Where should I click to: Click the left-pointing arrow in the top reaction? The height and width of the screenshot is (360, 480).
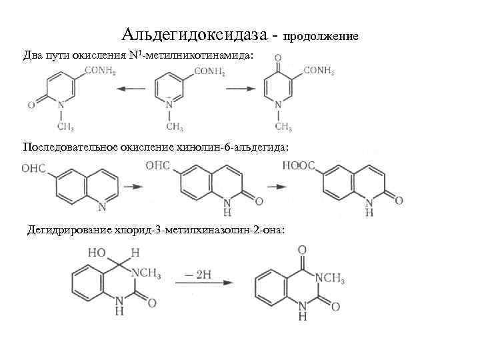(130, 87)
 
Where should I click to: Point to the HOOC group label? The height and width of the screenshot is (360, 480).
(299, 165)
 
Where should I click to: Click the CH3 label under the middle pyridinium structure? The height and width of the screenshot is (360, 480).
(175, 127)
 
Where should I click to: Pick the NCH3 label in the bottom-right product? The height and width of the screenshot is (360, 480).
(329, 277)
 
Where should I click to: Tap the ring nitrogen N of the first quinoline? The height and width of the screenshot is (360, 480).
(102, 206)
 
